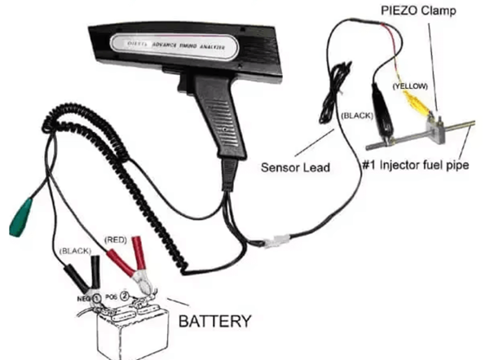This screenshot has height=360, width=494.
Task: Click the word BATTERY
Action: (214, 321)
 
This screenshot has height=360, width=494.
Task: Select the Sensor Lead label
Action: (294, 169)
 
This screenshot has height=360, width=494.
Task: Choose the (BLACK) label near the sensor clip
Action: (355, 116)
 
